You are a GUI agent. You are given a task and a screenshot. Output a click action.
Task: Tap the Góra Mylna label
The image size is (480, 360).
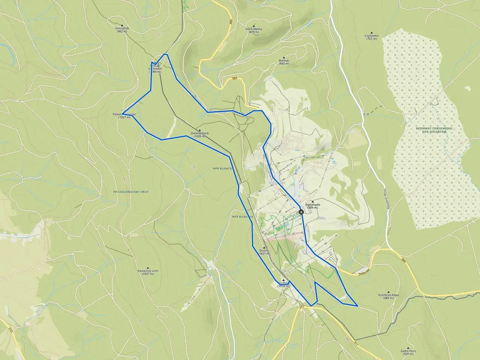(x=254, y=29)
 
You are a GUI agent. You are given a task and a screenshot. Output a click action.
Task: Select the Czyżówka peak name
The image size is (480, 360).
(x=372, y=36)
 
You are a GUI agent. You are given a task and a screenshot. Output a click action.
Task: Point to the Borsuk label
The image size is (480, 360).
(x=284, y=60)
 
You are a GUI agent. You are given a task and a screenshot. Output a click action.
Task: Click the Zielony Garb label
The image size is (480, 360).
(x=199, y=133)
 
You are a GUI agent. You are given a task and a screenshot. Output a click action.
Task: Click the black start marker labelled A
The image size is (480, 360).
(x=301, y=212)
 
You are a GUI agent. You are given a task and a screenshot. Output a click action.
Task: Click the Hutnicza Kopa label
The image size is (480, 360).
(x=388, y=295)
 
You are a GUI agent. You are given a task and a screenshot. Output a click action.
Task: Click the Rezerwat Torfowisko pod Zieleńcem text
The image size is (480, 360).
(x=434, y=130)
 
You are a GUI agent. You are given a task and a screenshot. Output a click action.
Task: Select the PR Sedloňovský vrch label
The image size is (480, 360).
(x=131, y=192)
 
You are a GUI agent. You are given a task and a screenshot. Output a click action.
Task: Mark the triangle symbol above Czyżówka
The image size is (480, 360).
(x=372, y=32)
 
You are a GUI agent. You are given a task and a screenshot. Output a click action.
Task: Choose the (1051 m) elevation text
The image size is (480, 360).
(x=124, y=117)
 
